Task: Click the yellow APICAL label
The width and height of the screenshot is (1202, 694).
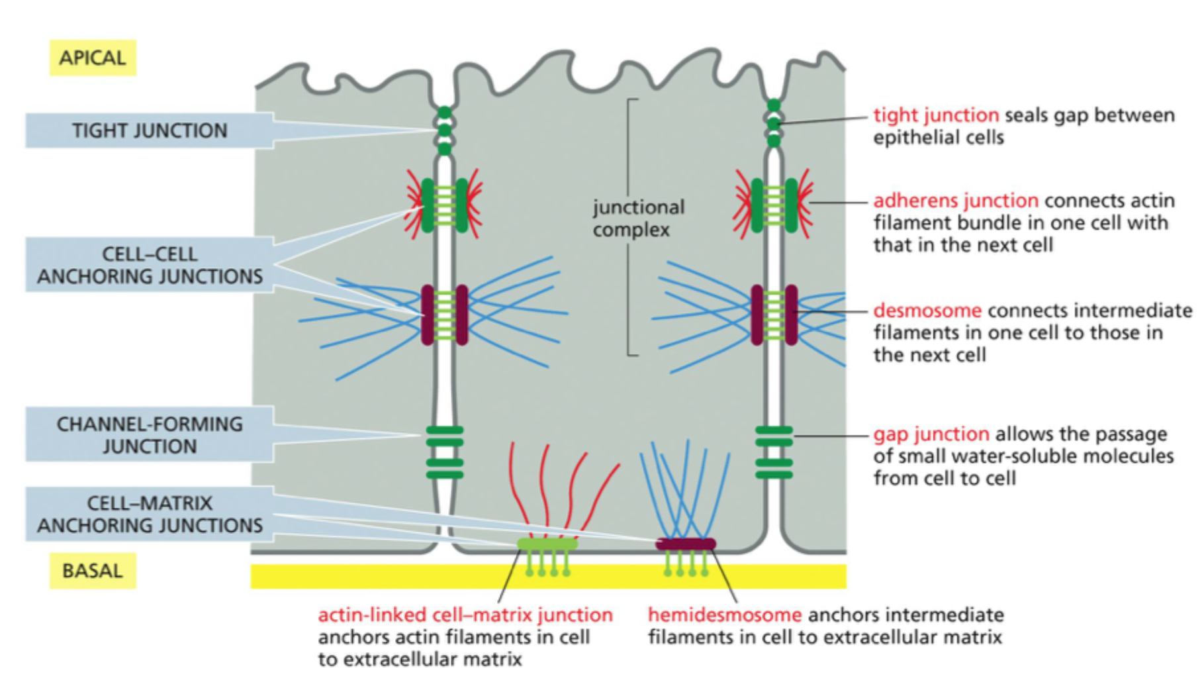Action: [x=93, y=58]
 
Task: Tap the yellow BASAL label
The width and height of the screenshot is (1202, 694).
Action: [x=93, y=571]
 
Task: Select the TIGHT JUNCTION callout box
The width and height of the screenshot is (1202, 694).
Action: [x=149, y=130]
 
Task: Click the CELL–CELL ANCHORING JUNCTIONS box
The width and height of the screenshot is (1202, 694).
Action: [x=149, y=265]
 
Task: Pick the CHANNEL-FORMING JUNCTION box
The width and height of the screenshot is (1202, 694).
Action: [x=149, y=435]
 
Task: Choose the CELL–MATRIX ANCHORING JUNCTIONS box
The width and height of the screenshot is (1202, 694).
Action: [x=149, y=514]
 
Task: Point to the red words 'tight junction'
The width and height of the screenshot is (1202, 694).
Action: [x=936, y=115]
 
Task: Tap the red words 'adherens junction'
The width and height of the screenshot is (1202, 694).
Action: [x=956, y=201]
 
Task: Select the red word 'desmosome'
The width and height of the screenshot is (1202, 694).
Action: [x=927, y=311]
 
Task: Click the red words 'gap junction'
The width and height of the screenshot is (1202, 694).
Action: [x=931, y=434]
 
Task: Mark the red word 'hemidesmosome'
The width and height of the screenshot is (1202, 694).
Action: [x=724, y=615]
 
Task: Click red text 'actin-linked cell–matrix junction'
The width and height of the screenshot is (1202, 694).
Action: [x=465, y=615]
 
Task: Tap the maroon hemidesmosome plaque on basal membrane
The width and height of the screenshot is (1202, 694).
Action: [x=685, y=544]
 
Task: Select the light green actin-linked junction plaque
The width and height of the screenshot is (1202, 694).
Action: [x=547, y=544]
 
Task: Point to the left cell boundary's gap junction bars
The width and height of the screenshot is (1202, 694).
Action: [x=445, y=452]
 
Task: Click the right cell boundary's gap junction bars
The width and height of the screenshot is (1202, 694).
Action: [x=774, y=452]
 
